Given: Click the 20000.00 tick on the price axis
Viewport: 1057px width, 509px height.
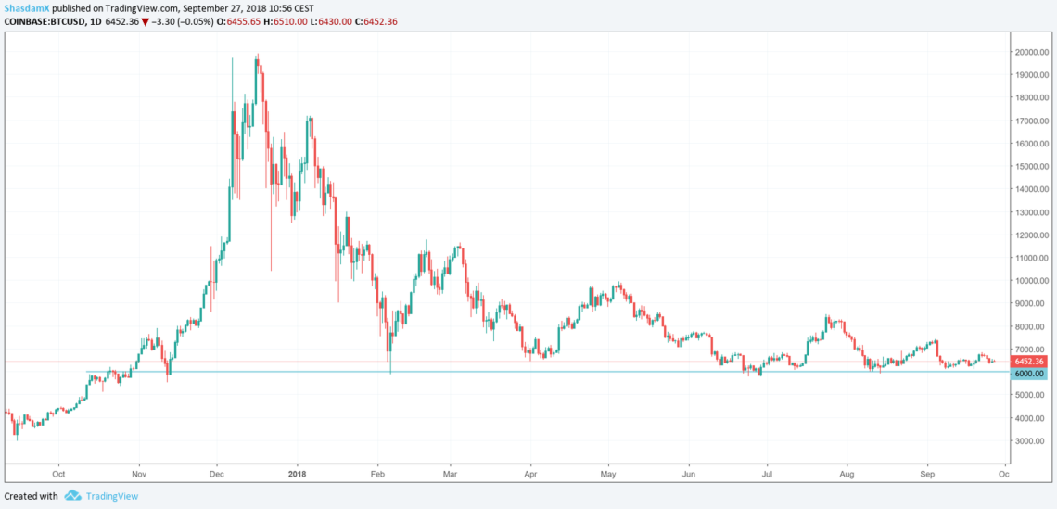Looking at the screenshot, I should click(x=1032, y=52).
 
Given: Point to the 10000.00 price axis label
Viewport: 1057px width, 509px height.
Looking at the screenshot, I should click(x=1032, y=281).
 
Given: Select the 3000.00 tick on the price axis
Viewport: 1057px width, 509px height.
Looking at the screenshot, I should click(x=1030, y=441).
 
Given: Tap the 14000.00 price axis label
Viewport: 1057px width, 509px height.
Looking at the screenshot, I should click(x=1032, y=189).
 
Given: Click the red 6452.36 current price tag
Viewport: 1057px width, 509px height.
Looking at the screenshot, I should click(x=1030, y=362).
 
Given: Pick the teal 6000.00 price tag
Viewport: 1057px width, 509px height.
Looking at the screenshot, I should click(x=1030, y=373).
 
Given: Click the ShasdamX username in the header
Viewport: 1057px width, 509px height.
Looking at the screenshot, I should click(x=25, y=8).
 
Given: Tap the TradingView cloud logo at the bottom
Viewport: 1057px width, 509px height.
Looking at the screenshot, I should click(x=72, y=496).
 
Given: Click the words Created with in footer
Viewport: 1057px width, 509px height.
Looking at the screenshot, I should click(x=32, y=496).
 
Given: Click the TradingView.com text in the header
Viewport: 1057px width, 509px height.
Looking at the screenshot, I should click(x=141, y=8).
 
